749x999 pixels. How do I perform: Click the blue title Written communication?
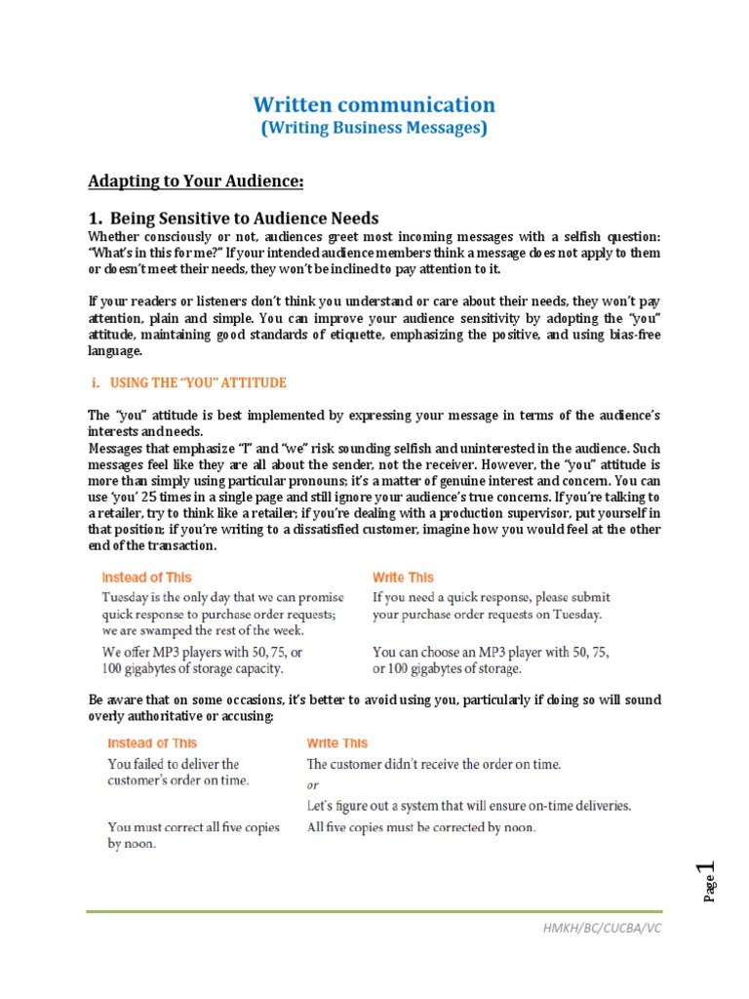click(x=374, y=104)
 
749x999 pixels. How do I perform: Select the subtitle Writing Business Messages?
click(x=374, y=128)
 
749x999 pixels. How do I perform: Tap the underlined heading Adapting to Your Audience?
click(x=196, y=181)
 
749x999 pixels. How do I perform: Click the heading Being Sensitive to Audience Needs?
click(x=233, y=218)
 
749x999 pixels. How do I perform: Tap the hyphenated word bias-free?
click(x=629, y=335)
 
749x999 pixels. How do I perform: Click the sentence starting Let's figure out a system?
click(x=469, y=806)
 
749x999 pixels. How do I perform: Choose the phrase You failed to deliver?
click(x=173, y=764)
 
